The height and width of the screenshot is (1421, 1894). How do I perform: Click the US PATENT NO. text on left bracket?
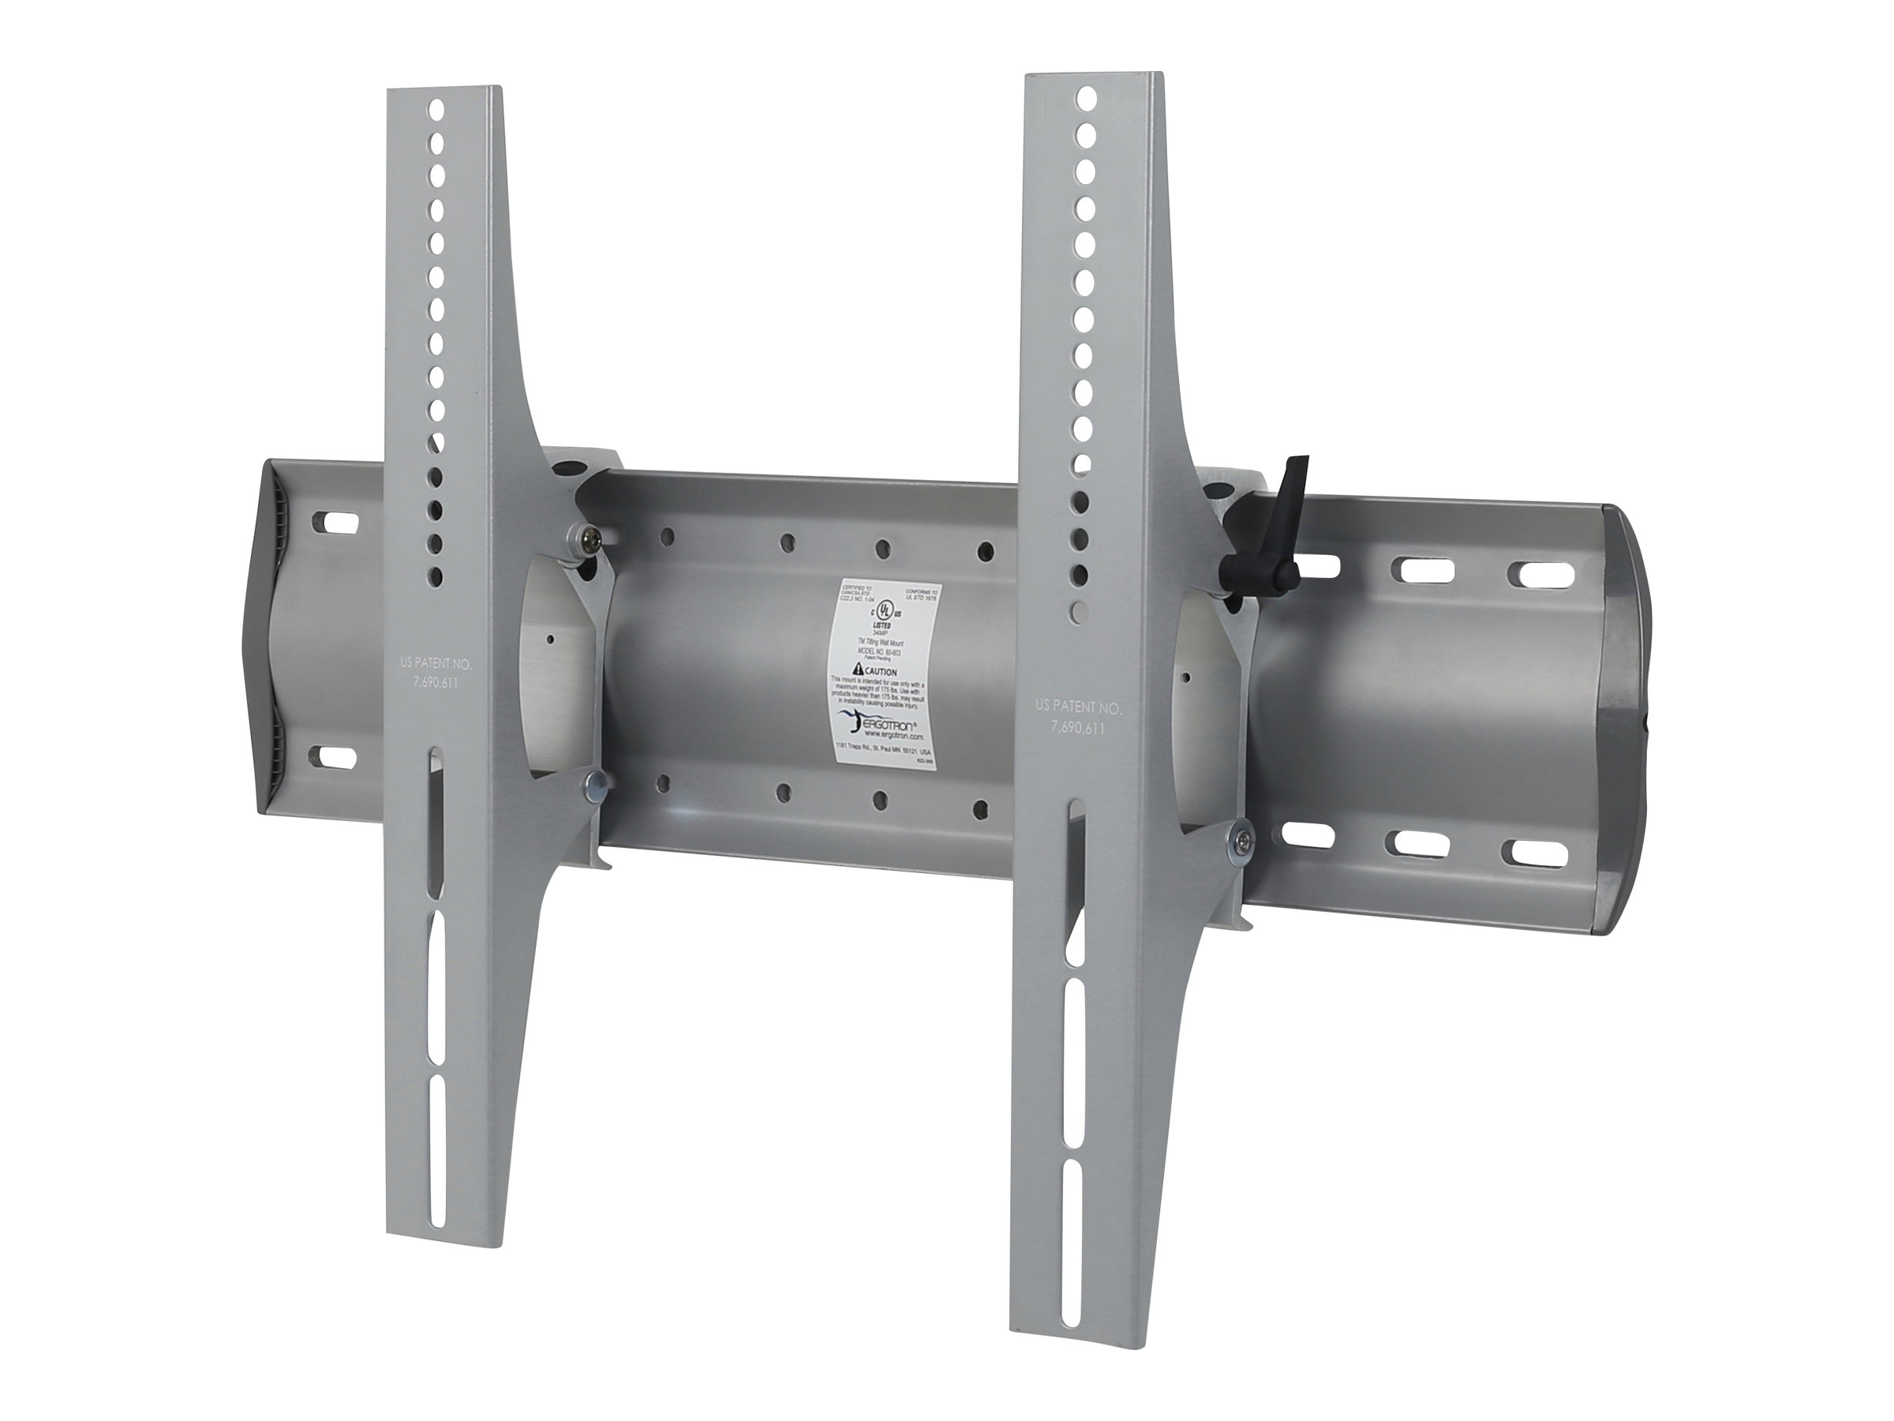click(436, 663)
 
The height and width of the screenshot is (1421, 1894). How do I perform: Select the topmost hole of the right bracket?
click(1087, 98)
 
